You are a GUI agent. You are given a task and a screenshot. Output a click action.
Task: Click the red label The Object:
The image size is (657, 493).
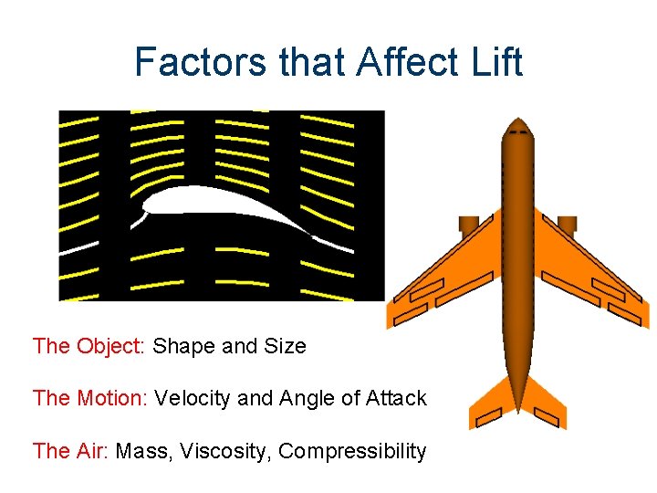pos(89,347)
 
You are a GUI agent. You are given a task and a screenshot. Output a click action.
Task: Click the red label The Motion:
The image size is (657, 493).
pos(91,399)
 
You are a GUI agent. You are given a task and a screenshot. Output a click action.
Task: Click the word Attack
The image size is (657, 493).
pos(396,399)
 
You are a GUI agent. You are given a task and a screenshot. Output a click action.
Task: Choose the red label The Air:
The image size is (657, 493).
pos(71,451)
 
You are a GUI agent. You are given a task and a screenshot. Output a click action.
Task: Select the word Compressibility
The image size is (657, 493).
pos(352,451)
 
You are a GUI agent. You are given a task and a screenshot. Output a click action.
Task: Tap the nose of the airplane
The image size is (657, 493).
pos(518,125)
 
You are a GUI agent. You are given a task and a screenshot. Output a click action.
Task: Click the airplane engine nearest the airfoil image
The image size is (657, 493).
pos(469,225)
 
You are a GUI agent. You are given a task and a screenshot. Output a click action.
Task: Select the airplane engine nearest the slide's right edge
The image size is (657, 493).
pos(567,225)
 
